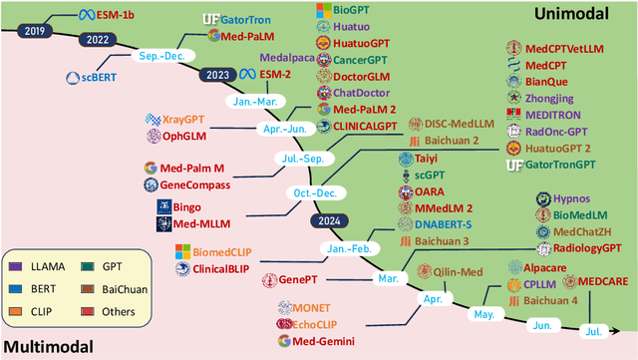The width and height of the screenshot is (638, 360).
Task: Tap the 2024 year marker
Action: coord(328,219)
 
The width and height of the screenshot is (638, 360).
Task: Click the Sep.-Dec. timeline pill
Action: coord(164,57)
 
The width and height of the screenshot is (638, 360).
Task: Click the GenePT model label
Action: coord(305,279)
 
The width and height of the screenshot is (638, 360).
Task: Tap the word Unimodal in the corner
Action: coord(576,15)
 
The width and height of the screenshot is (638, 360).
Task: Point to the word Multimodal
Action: coord(47,347)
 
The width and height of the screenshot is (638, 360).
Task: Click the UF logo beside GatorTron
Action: coord(210,18)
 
